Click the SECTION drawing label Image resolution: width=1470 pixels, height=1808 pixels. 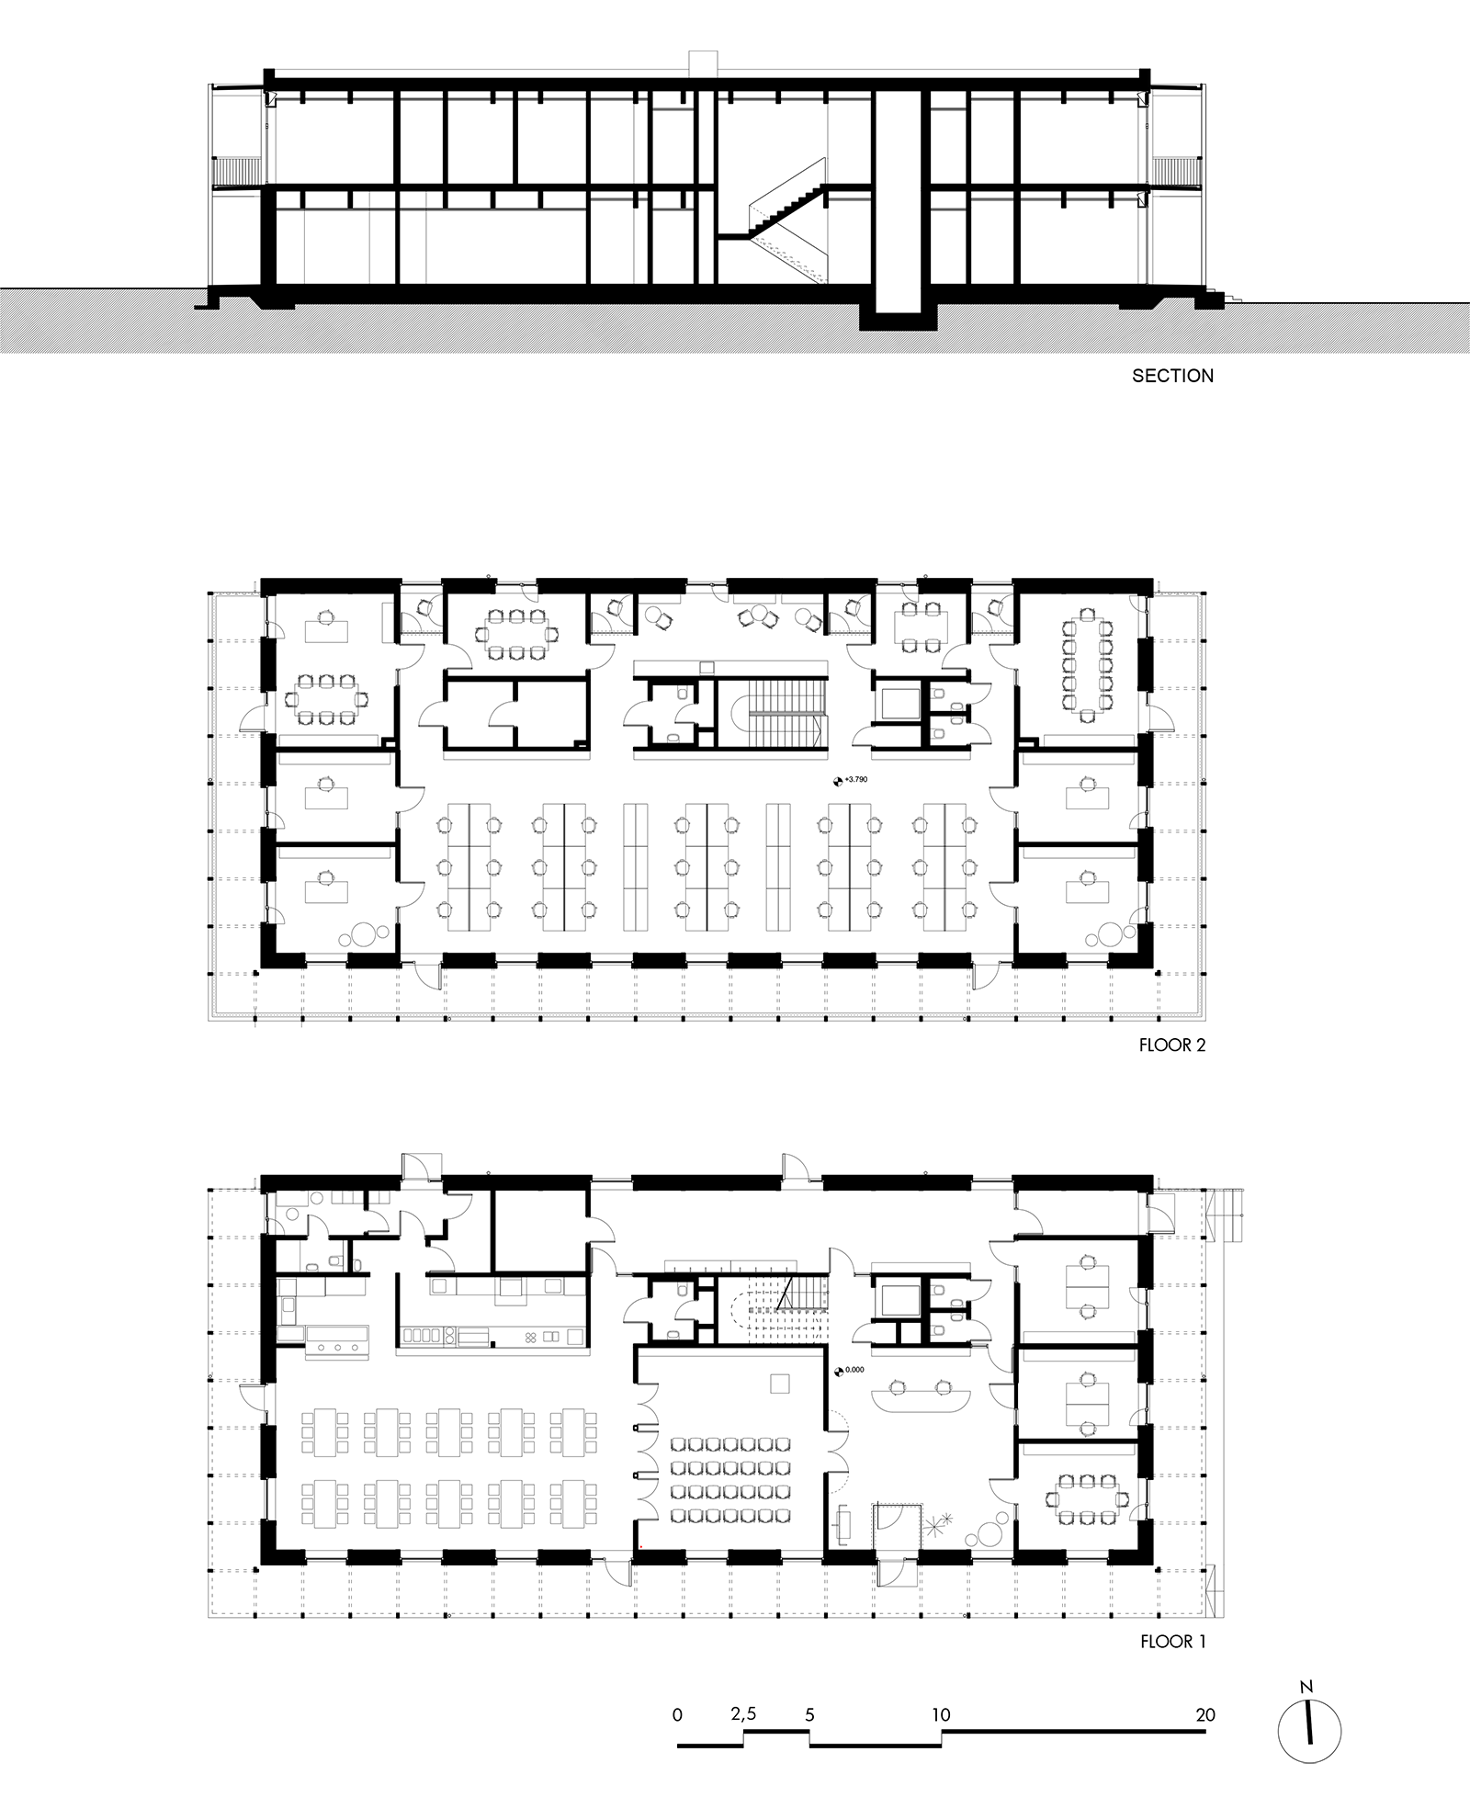[1172, 376]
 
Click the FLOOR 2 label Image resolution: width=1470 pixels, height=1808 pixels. [1171, 1045]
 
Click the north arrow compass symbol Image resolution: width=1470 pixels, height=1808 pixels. [1308, 1731]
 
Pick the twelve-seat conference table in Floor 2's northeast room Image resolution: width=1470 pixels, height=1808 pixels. [1087, 660]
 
